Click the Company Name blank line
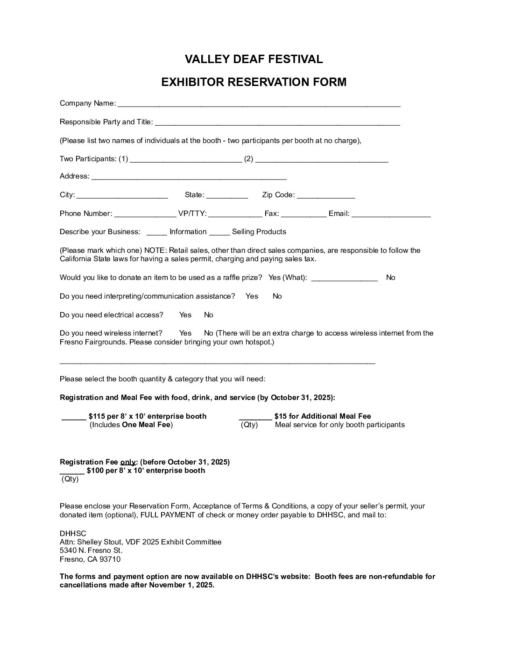[x=259, y=104]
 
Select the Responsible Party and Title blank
[x=277, y=123]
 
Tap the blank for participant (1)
[x=186, y=160]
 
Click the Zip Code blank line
[x=326, y=196]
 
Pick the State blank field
[x=227, y=196]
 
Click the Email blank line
[x=391, y=215]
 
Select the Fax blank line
[x=303, y=215]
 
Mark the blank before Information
[x=156, y=233]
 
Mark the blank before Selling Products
[x=219, y=233]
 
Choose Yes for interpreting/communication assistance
[x=252, y=296]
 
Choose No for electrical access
[x=209, y=315]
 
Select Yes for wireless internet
[x=185, y=333]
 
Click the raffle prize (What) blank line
[x=344, y=279]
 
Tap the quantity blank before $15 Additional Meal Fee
[x=255, y=417]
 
